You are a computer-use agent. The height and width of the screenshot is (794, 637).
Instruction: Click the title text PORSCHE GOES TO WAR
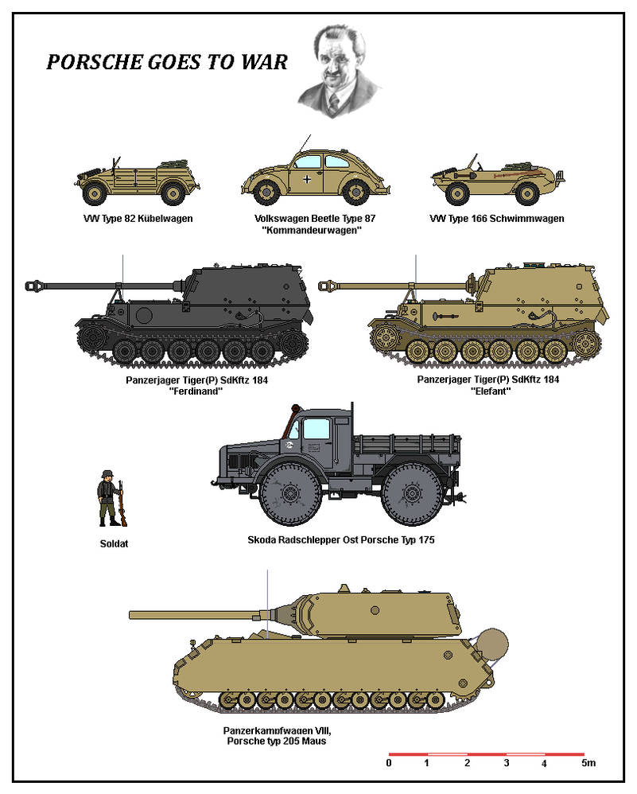coord(167,62)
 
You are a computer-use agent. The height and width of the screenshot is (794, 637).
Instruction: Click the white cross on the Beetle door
coord(307,179)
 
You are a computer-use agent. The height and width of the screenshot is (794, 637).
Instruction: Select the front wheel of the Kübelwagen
coord(95,193)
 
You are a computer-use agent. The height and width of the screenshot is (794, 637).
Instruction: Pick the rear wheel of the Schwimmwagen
coord(526,193)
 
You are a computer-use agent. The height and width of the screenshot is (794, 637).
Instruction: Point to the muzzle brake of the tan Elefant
coord(325,286)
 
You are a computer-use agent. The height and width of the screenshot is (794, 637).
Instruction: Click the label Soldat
coord(114,544)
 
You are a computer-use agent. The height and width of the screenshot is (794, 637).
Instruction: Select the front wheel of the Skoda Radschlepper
coord(290,493)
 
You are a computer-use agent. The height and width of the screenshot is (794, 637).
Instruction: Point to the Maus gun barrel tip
coord(130,615)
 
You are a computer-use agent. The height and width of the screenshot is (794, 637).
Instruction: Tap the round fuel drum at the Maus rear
coord(493,644)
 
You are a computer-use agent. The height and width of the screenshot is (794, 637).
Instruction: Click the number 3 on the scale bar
coord(507,763)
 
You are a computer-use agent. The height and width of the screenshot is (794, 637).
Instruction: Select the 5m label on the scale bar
coord(588,763)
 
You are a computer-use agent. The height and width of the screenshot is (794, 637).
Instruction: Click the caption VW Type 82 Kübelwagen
coord(138,219)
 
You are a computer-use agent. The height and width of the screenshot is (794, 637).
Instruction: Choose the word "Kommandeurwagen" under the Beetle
coord(312,231)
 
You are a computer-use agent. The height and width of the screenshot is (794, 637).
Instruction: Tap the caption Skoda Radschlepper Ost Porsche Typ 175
coord(341,539)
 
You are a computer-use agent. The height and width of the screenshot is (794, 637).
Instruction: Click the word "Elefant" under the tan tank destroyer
coord(490,391)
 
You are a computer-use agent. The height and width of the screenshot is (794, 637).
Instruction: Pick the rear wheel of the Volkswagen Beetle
coord(355,192)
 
